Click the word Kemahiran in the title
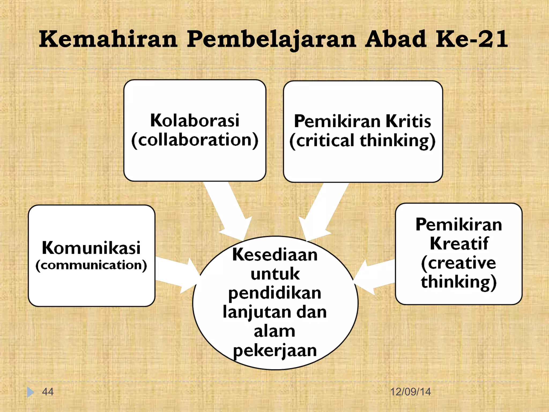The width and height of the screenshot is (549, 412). (x=108, y=39)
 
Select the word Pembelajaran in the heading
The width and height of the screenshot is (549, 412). (x=272, y=40)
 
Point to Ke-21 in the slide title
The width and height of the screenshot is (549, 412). (x=472, y=39)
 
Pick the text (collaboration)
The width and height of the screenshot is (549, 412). (x=195, y=140)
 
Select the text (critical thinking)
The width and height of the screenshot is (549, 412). (x=362, y=141)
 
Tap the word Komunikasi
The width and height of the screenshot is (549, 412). (x=91, y=248)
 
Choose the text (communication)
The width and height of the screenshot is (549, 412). (x=91, y=265)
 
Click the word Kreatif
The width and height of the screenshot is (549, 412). (x=459, y=244)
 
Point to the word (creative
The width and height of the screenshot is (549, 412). (x=458, y=263)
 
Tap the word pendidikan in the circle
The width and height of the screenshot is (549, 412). (x=275, y=293)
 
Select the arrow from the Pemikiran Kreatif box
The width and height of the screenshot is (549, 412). (x=375, y=276)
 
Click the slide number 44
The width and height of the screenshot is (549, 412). (x=48, y=392)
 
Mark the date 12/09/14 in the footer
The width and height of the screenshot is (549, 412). (x=410, y=392)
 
